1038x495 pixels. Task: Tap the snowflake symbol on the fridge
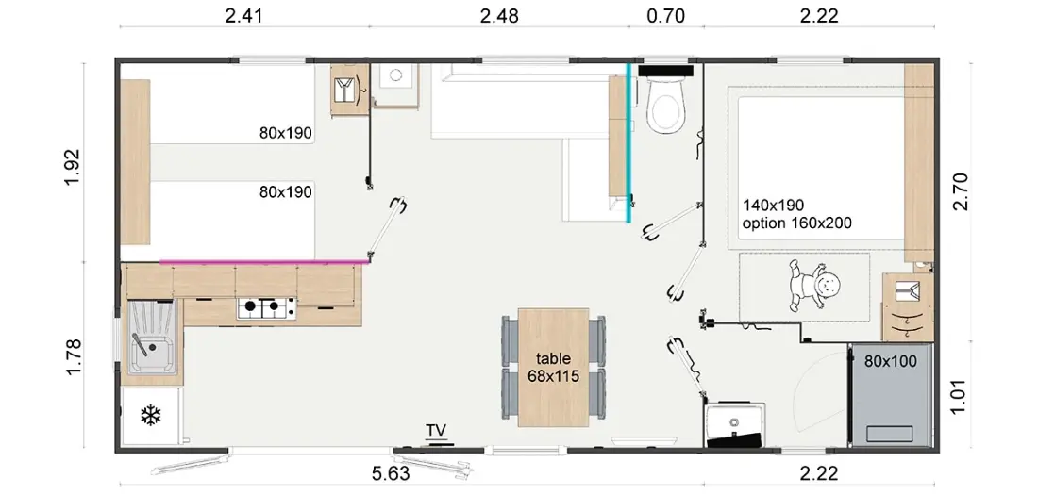pos(151,416)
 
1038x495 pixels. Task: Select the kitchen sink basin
pos(152,352)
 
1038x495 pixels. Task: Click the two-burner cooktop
pos(267,306)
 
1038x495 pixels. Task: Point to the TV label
pos(436,430)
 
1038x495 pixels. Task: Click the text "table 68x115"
pos(553,368)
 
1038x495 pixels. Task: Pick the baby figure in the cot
pos(815,286)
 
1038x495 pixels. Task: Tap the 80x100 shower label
pos(891,361)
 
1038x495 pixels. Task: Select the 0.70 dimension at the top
pos(665,16)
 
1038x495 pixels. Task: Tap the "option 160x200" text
pos(797,223)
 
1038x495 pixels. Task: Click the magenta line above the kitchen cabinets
pos(264,262)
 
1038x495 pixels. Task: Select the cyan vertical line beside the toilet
pos(628,142)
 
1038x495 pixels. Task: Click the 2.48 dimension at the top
pos(498,16)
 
